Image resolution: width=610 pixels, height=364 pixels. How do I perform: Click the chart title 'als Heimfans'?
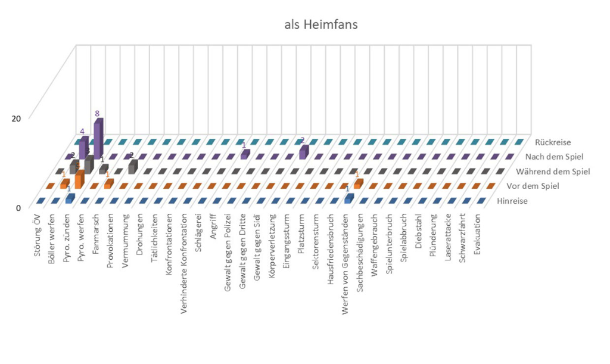point(320,24)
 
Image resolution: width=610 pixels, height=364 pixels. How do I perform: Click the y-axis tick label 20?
point(16,118)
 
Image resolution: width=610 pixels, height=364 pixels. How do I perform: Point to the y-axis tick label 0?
point(18,208)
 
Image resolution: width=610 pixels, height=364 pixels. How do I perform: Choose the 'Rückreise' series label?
point(553,142)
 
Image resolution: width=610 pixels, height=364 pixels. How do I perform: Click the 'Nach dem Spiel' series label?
point(553,157)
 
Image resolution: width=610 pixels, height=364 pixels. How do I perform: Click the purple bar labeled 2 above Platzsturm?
point(303,152)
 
